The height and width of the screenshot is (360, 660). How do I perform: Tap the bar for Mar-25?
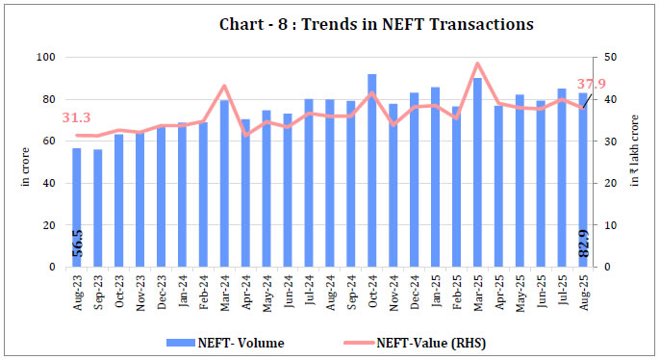pyautogui.click(x=477, y=172)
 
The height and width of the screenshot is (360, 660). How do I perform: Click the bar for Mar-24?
pyautogui.click(x=224, y=183)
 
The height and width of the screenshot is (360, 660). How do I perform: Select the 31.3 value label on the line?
pyautogui.click(x=77, y=117)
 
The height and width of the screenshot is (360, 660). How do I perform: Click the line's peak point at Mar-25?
pyautogui.click(x=478, y=64)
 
